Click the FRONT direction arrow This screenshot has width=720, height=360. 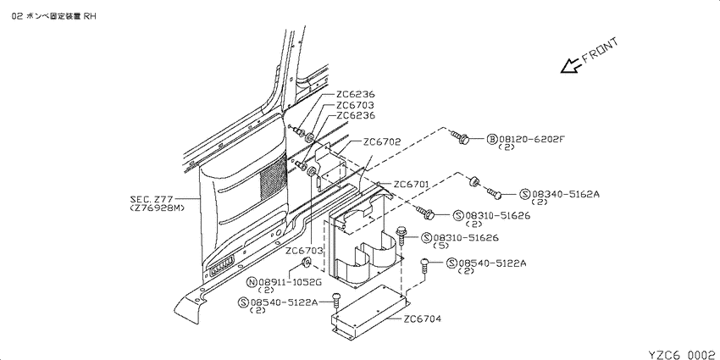571,66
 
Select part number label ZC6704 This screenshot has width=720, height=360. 423,318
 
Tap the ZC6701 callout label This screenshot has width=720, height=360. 411,184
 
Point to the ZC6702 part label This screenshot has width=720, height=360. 381,142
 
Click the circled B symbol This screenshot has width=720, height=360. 492,139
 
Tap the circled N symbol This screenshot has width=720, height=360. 252,282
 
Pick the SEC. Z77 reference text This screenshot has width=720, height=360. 152,199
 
